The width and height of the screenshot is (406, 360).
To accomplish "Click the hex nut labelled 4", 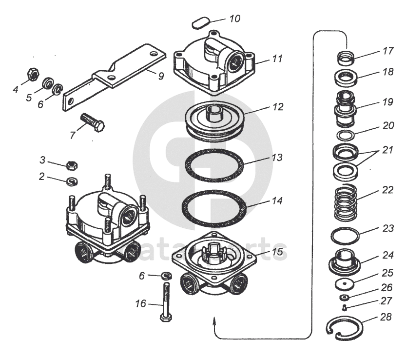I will [32, 75].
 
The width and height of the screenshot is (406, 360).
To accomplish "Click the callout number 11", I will [277, 59].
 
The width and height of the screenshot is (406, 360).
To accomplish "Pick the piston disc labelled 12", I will [214, 120].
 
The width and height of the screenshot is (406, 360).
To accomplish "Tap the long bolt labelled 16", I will [166, 302].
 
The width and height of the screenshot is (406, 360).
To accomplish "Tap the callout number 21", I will [387, 150].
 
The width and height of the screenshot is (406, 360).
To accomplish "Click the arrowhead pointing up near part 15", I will [213, 320].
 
